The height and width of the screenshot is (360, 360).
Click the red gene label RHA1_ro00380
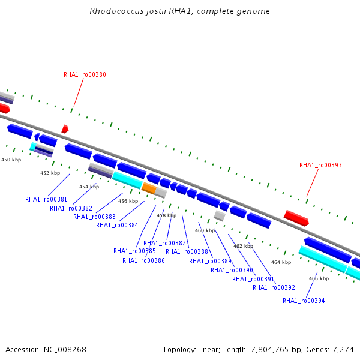85,75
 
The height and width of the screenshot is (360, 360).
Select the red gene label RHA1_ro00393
320,165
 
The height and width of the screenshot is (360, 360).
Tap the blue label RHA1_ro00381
46,199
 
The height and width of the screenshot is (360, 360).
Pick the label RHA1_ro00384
117,226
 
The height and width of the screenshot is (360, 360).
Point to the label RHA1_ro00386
143,260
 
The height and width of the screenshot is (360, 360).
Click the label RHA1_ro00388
187,251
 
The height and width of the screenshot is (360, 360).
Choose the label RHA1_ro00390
232,270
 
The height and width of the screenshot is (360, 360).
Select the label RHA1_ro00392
274,287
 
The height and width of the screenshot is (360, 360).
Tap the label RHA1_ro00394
304,301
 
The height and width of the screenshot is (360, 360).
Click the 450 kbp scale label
11,160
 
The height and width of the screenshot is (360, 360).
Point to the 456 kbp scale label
128,201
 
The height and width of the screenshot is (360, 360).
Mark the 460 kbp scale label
205,230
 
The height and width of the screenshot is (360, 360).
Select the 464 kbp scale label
281,262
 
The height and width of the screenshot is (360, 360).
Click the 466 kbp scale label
319,278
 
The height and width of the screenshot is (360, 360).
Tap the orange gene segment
149,188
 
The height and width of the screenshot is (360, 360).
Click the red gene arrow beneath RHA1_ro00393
296,218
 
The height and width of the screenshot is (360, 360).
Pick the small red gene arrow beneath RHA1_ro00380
65,129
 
